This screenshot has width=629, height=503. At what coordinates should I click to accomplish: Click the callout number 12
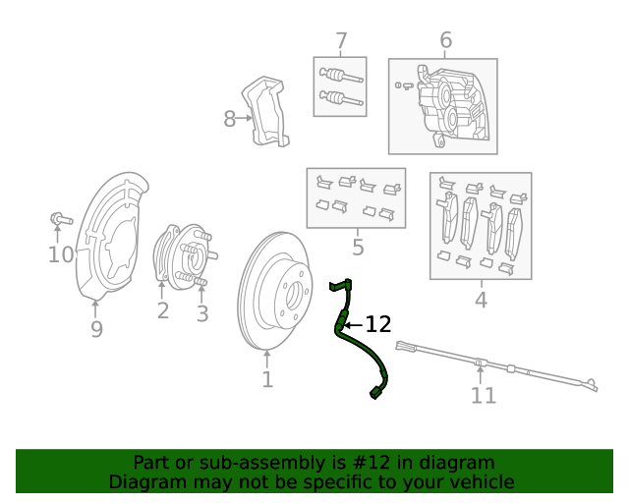click(378, 324)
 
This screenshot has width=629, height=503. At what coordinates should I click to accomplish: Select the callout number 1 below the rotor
click(267, 379)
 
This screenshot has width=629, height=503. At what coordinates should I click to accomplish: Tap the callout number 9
click(96, 329)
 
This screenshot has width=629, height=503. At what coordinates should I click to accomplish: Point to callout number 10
click(61, 255)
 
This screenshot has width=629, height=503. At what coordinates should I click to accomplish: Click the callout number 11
click(483, 396)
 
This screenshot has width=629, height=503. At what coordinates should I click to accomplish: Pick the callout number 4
click(481, 300)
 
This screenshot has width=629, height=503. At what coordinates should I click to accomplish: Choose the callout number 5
click(358, 248)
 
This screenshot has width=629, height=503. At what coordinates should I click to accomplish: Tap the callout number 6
click(445, 40)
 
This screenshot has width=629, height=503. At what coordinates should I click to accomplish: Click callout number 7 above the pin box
click(341, 41)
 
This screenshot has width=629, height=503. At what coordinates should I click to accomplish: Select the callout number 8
click(230, 120)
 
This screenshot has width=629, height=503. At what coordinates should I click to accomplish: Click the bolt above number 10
click(56, 218)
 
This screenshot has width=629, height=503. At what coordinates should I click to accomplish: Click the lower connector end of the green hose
click(376, 394)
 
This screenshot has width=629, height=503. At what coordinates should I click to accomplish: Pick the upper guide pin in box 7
click(339, 76)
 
